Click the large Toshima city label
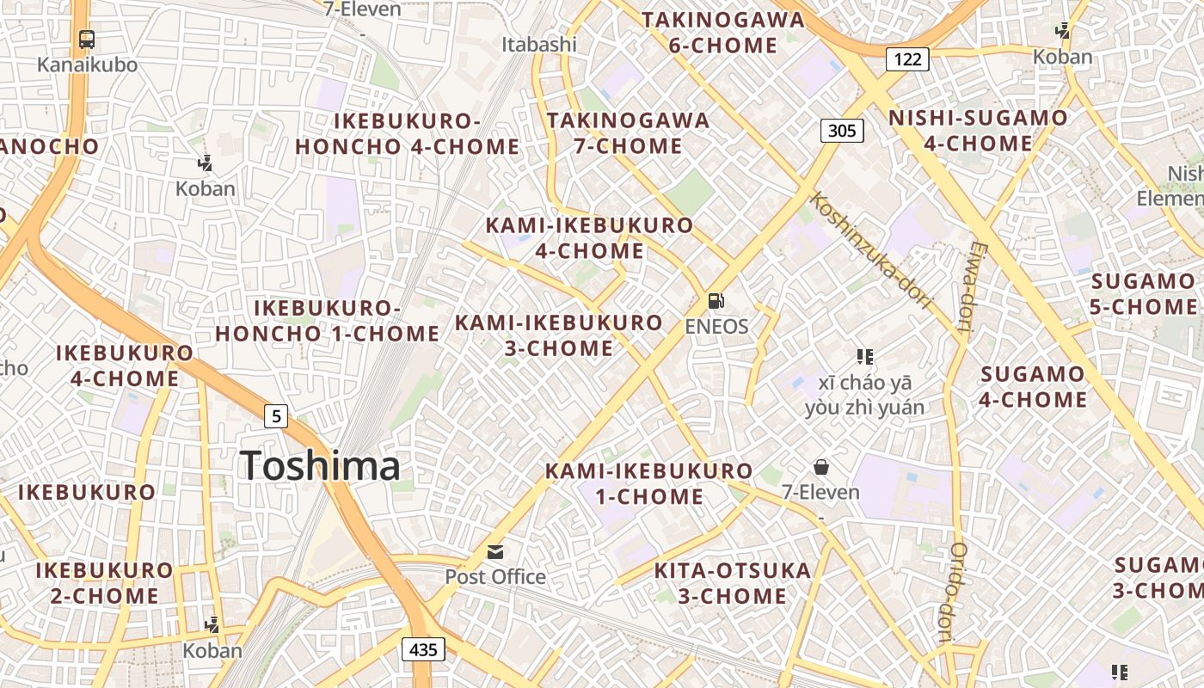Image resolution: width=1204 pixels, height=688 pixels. click(x=320, y=466)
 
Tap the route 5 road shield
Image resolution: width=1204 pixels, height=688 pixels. click(x=275, y=417)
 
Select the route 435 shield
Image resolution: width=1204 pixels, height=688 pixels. click(x=423, y=649)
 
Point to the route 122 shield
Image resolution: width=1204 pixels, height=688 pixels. click(x=907, y=58)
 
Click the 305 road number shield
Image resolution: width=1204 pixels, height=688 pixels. click(x=842, y=131)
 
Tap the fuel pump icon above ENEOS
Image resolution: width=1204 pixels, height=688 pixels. click(x=716, y=301)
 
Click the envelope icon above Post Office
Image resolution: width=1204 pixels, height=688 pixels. click(x=495, y=552)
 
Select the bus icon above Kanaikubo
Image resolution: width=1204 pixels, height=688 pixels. click(x=87, y=39)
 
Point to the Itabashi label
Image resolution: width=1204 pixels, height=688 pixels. click(x=539, y=44)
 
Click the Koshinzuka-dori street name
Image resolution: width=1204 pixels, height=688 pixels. click(x=871, y=249)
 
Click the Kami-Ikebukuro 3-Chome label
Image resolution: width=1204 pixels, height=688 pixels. click(x=559, y=335)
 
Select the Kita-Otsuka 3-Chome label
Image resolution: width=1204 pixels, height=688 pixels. click(x=732, y=583)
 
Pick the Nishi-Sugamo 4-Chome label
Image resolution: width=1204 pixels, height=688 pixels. click(x=978, y=131)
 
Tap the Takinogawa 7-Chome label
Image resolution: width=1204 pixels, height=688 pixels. click(x=629, y=133)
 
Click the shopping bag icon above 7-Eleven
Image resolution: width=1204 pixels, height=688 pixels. click(x=821, y=467)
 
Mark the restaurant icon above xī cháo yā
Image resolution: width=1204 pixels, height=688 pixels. click(x=865, y=356)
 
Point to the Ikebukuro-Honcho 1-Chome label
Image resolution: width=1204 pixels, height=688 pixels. click(x=327, y=321)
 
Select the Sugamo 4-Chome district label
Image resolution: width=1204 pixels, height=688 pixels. click(x=1033, y=386)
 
